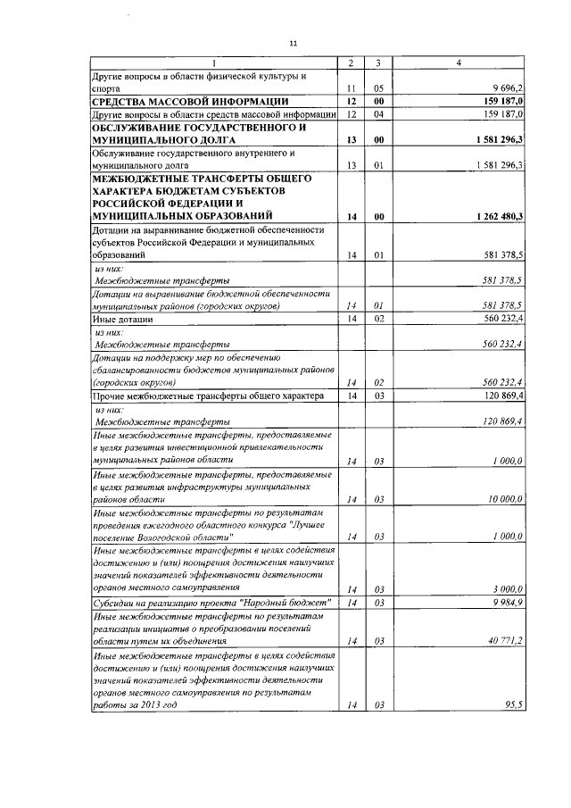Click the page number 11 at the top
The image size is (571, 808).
click(x=292, y=42)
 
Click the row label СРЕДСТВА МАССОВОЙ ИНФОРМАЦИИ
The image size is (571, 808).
click(x=189, y=102)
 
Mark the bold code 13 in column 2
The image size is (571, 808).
click(x=352, y=141)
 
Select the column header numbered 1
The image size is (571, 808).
click(x=215, y=62)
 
